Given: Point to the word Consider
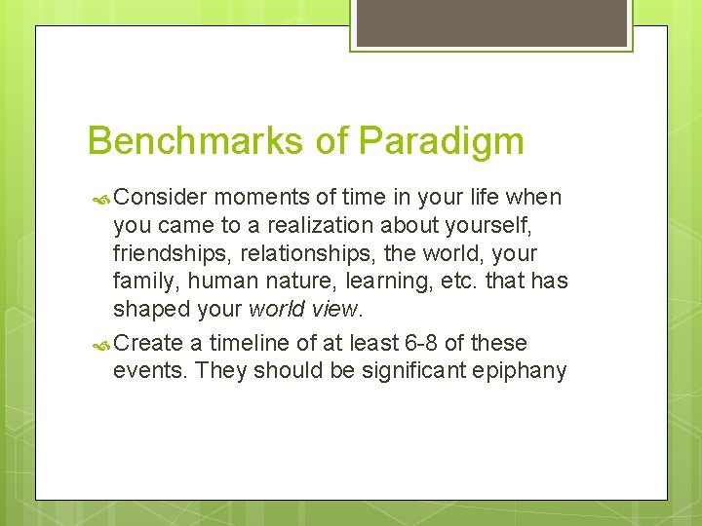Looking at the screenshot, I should [x=160, y=198].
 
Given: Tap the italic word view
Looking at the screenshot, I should [x=336, y=309].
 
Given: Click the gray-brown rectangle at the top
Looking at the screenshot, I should [x=491, y=22].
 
